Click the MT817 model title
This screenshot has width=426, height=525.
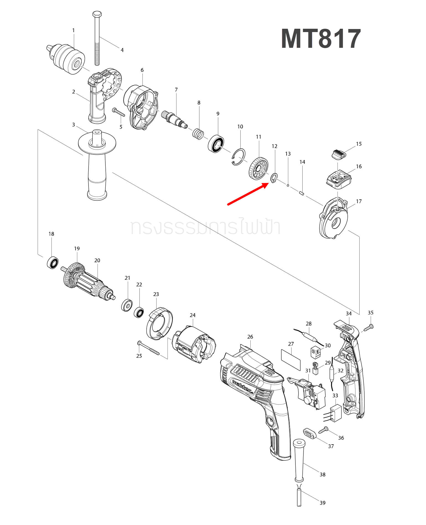pos(321,39)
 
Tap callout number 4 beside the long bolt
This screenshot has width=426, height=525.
pos(122,50)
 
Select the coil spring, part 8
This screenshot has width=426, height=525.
pos(198,134)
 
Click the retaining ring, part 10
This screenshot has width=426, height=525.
pos(239,157)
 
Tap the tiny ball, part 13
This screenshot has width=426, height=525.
pos(288,185)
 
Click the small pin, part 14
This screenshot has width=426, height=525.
pos(302,193)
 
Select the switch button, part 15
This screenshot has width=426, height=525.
pos(339,154)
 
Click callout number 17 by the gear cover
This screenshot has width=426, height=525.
pos(359,201)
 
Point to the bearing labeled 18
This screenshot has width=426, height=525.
pos(53,262)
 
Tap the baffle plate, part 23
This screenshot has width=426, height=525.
pos(159,323)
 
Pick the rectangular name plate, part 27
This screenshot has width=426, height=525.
pos(291,360)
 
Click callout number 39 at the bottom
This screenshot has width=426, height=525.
pos(323,503)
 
